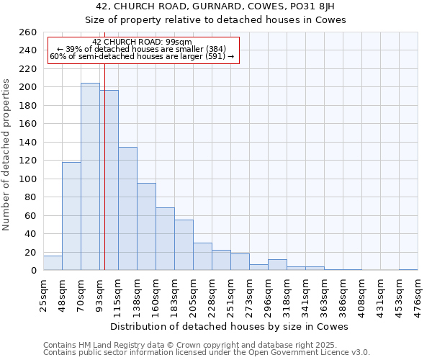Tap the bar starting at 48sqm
pos(71,216)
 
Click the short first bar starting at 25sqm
pos(53,263)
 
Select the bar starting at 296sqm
pos(277,265)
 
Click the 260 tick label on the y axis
pos(27,32)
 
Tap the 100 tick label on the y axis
pos(27,179)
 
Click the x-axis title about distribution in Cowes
pos(228,327)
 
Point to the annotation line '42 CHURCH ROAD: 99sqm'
pos(143,42)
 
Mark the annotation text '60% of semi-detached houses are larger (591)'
pos(142,57)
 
